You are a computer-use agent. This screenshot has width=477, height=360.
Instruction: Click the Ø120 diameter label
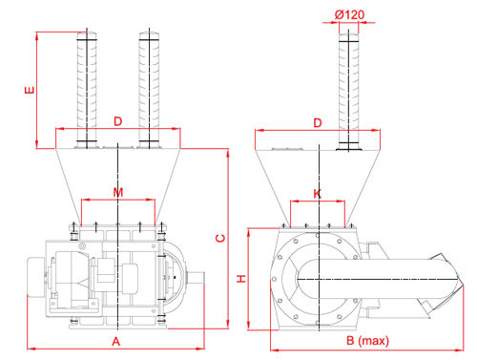(349, 14)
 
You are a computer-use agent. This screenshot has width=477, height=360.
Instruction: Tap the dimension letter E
(30, 90)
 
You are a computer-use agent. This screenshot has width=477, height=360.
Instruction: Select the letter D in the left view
(117, 121)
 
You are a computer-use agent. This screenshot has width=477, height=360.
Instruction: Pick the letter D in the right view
(318, 123)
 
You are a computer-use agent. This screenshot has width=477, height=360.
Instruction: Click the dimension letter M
(118, 192)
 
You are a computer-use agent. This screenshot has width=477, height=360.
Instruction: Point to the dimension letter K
(318, 194)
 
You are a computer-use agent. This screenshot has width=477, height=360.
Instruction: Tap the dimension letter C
(220, 238)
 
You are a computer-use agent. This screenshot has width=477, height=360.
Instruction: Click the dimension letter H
(241, 279)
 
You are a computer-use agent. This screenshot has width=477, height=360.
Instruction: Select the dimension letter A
(116, 342)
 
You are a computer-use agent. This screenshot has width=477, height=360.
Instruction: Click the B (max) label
(367, 341)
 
